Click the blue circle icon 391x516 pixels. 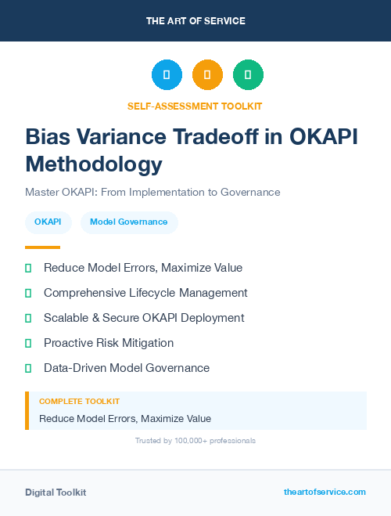[x=167, y=74]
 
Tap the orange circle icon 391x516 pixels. [x=207, y=74]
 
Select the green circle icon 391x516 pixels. [x=248, y=74]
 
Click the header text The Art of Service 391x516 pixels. [x=195, y=20]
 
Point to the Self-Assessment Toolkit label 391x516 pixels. [x=195, y=106]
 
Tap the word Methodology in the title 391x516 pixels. [x=94, y=164]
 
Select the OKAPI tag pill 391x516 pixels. [x=48, y=222]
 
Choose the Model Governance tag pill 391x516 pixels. [x=128, y=222]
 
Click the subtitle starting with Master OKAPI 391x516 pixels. [x=152, y=192]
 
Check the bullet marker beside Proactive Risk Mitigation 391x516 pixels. [x=28, y=343]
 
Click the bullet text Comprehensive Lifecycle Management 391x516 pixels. [x=145, y=293]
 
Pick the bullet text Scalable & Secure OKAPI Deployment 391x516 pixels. [x=144, y=318]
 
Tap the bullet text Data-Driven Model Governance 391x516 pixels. [x=127, y=368]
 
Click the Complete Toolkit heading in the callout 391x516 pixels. [x=79, y=401]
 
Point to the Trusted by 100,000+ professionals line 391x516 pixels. [x=195, y=441]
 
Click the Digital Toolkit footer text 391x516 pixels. [x=56, y=493]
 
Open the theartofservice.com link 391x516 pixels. [x=325, y=492]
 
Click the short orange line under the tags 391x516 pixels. [x=42, y=247]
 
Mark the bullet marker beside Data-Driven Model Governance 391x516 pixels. [x=28, y=368]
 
